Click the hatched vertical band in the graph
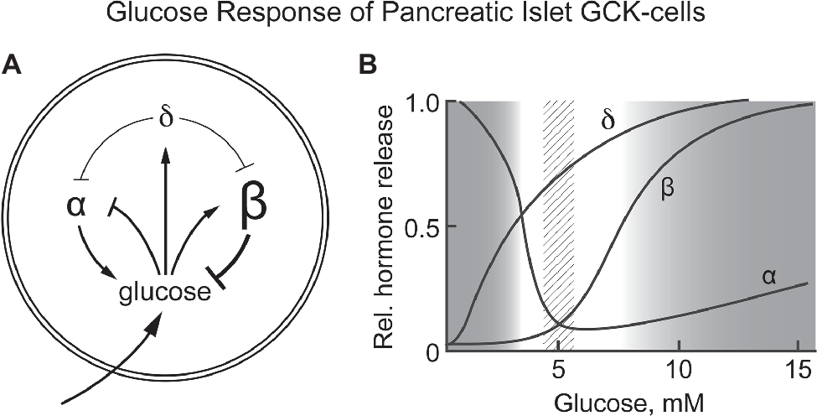pyautogui.click(x=559, y=226)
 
